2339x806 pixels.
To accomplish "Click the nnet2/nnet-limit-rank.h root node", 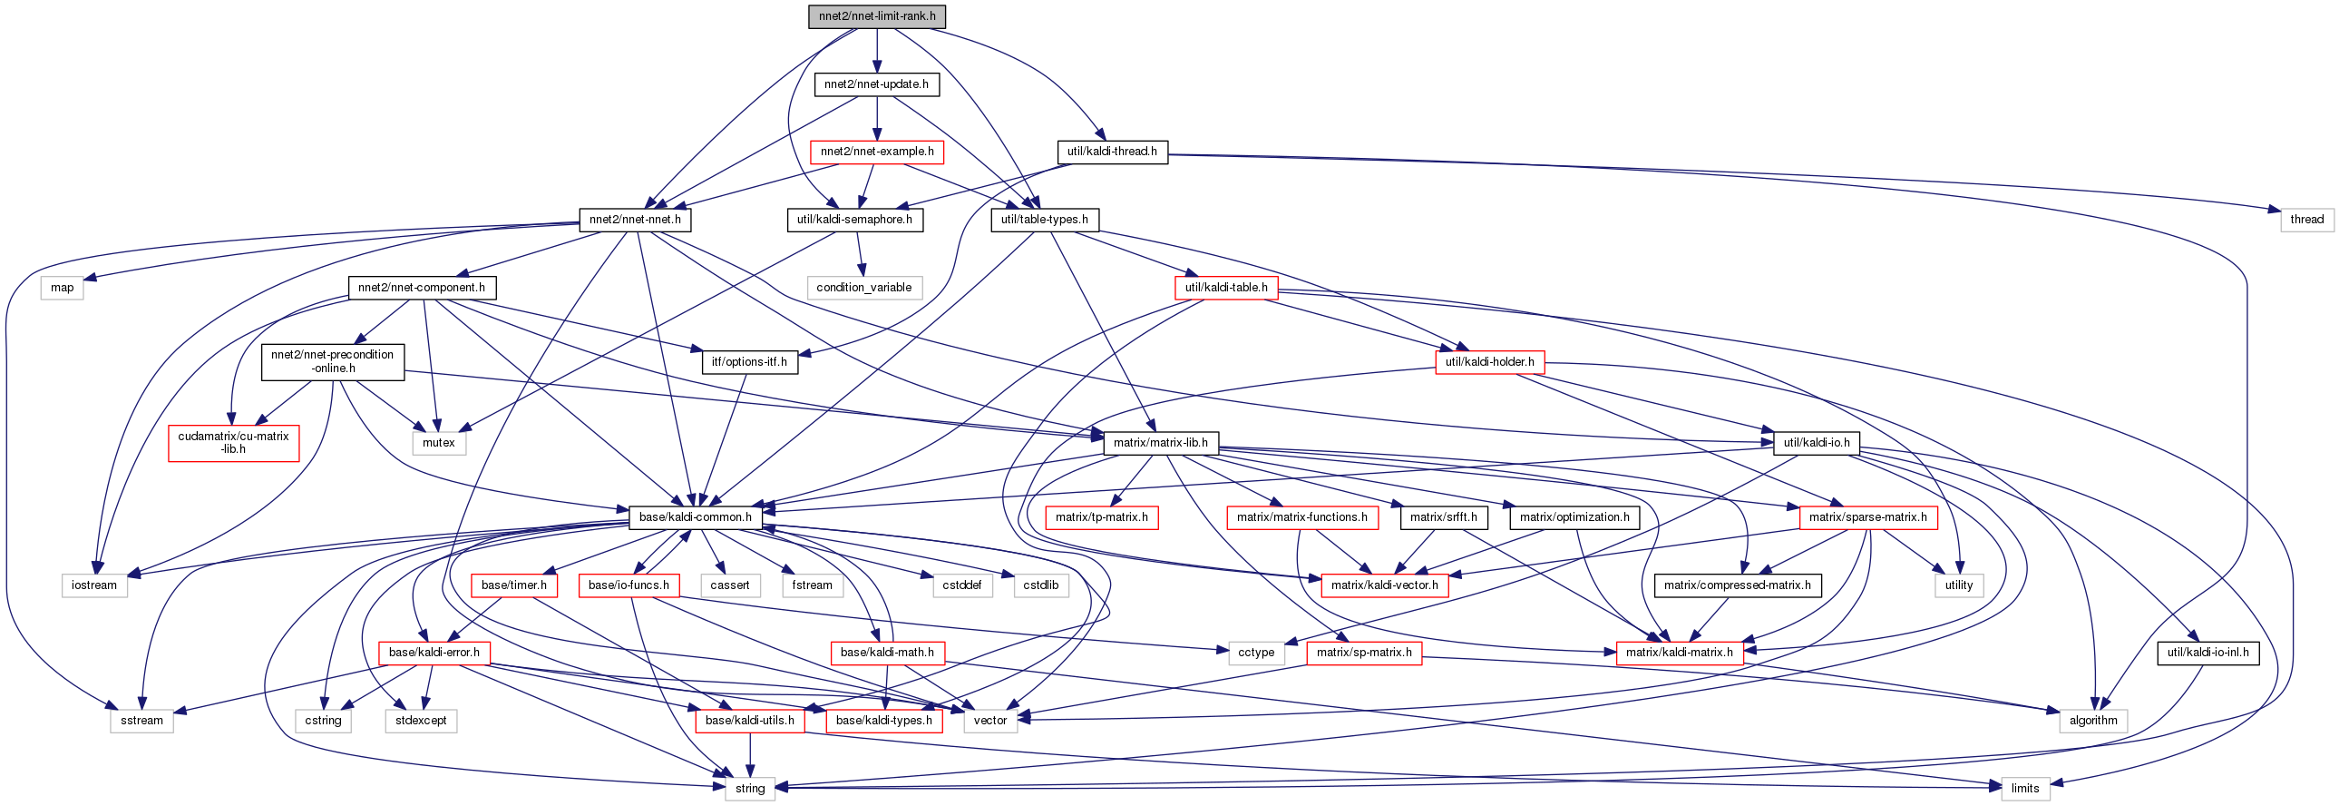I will (876, 16).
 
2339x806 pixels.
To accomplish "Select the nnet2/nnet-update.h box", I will (876, 84).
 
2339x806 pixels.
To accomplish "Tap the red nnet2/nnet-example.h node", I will (876, 152).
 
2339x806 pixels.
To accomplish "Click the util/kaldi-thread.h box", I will (1111, 152).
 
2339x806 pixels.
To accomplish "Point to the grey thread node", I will (2306, 219).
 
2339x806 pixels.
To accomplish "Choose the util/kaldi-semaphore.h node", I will (853, 220).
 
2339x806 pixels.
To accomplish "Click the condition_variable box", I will (863, 288).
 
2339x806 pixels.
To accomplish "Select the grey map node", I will (62, 288).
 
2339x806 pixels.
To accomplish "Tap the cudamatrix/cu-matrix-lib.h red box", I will (233, 443).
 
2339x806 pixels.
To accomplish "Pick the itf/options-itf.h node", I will (749, 361).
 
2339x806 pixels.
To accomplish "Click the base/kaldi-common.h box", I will (695, 517).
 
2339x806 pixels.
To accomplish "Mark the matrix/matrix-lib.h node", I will (1160, 443).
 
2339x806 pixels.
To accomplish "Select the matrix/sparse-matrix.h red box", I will (1867, 517).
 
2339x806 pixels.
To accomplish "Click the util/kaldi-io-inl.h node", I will (2207, 653).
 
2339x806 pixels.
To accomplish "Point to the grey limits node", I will (2025, 788).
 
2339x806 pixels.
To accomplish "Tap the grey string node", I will (749, 788).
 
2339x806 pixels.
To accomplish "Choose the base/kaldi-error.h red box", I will (434, 653).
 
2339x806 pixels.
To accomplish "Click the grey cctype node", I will (1256, 653).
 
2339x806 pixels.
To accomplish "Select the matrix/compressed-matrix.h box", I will (1737, 585).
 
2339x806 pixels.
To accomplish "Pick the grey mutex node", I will (438, 443).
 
